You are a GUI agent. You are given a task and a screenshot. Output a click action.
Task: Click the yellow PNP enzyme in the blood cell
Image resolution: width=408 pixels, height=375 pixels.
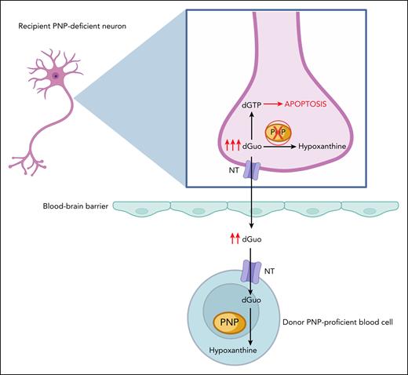[228, 322]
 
